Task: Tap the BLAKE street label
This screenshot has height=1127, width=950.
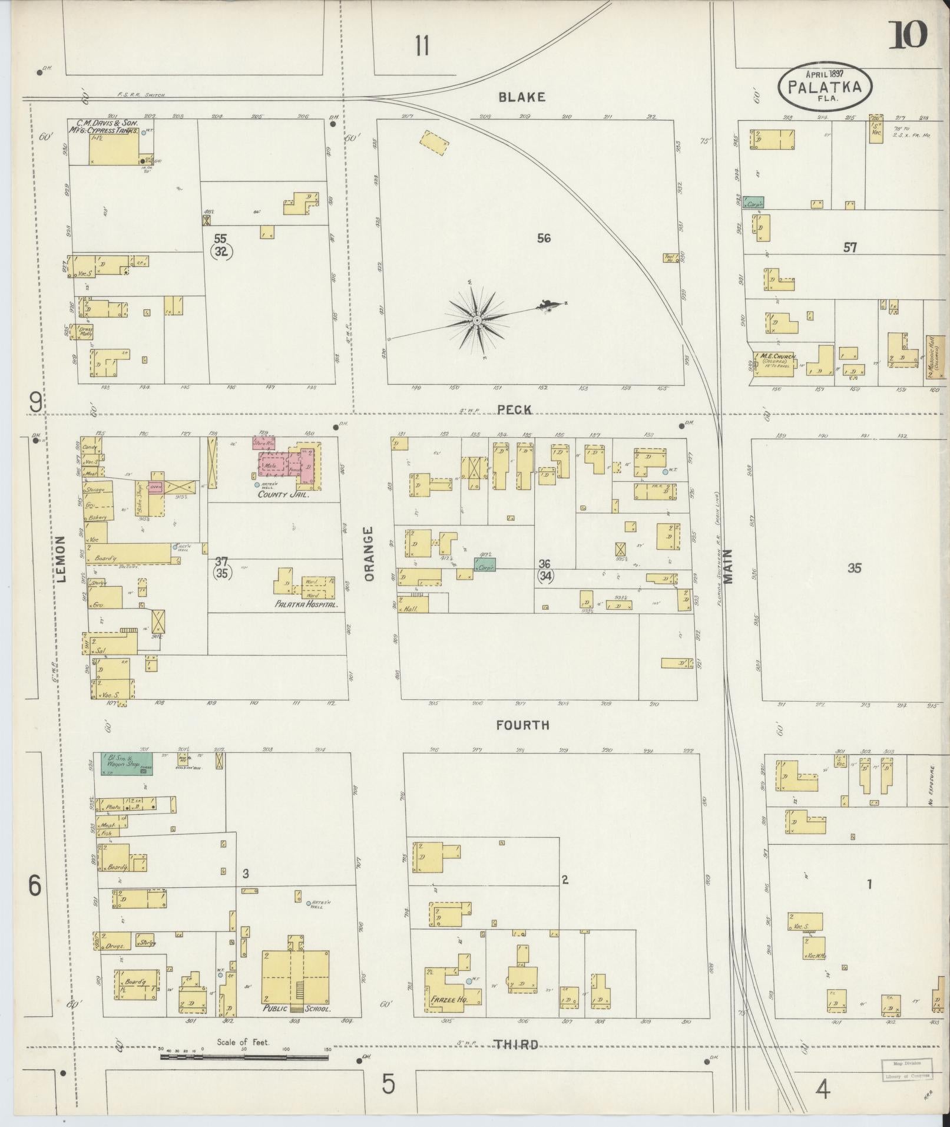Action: [521, 97]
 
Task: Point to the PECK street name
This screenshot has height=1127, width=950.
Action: [514, 409]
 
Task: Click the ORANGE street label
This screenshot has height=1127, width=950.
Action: [369, 554]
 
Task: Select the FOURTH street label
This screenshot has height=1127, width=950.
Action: [522, 725]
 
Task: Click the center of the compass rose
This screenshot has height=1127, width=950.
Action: [476, 320]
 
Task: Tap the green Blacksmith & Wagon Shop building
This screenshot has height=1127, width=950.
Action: [126, 764]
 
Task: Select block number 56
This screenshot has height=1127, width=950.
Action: [544, 238]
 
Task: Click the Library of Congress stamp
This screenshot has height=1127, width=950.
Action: [906, 1069]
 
